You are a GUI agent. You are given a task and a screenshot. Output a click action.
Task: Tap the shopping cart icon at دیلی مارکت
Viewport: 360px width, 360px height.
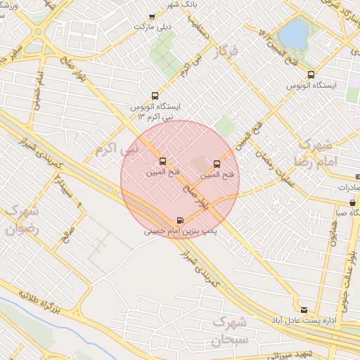(x=151, y=15)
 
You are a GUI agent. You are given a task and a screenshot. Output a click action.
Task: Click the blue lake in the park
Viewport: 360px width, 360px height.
(x=294, y=32)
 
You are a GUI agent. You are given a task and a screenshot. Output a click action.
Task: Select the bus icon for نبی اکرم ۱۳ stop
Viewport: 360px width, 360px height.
(x=155, y=96)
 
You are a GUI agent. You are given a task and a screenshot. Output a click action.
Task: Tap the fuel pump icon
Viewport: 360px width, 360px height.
(x=181, y=220)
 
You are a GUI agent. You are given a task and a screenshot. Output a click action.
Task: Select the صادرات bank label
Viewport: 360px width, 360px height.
(x=345, y=188)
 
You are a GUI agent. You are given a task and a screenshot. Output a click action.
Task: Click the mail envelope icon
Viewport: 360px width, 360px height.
(x=304, y=309)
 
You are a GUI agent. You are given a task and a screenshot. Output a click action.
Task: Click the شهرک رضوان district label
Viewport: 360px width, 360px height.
(x=22, y=219)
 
